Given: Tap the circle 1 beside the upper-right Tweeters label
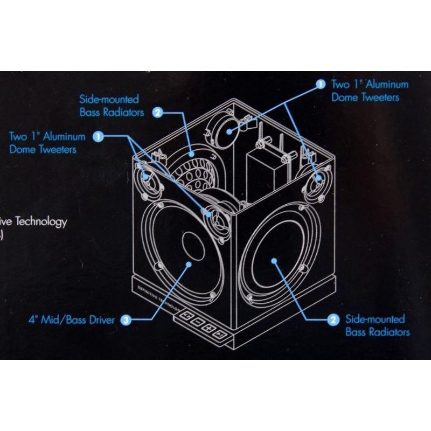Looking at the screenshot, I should click(x=320, y=84).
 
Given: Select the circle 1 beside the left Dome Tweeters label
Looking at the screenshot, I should click(x=98, y=137).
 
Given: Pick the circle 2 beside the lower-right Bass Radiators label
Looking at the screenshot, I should click(x=334, y=319).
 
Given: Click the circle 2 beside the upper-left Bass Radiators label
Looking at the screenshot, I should click(x=157, y=112).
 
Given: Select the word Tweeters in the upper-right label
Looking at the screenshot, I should click(x=379, y=98).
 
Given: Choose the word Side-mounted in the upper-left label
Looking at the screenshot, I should click(x=109, y=100).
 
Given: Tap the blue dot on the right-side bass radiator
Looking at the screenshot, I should click(x=275, y=261).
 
